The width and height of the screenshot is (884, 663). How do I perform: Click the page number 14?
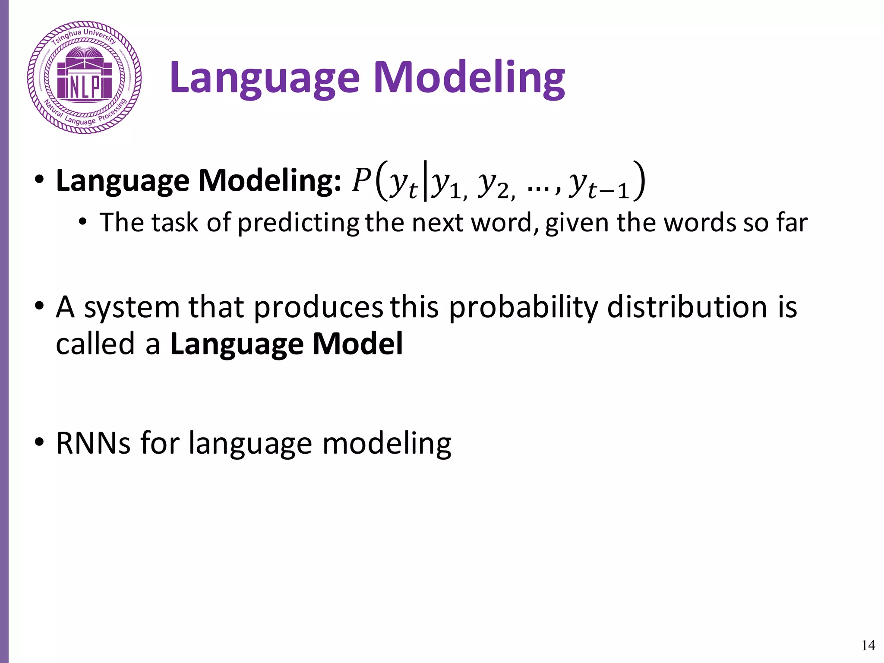(x=868, y=645)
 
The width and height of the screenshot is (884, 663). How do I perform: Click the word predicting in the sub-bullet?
(x=298, y=224)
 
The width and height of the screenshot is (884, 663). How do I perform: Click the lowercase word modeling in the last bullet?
(x=387, y=444)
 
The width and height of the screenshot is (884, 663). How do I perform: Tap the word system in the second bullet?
(x=132, y=308)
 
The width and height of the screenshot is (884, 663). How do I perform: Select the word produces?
(x=318, y=308)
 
